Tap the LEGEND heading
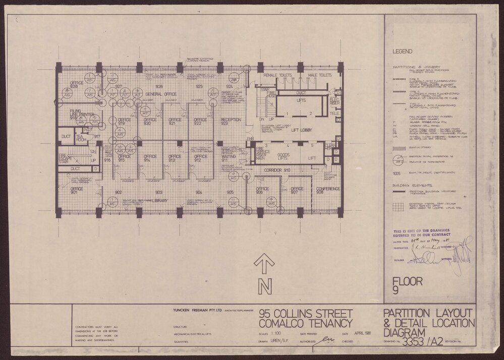coord(405,51)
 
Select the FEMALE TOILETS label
coord(277,75)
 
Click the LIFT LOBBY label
coord(303,130)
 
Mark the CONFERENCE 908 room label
coord(327,190)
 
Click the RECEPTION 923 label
coord(232,121)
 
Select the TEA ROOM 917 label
coord(82,137)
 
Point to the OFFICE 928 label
coord(77,84)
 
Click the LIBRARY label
coord(158,200)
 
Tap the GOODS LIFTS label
coord(287,157)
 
